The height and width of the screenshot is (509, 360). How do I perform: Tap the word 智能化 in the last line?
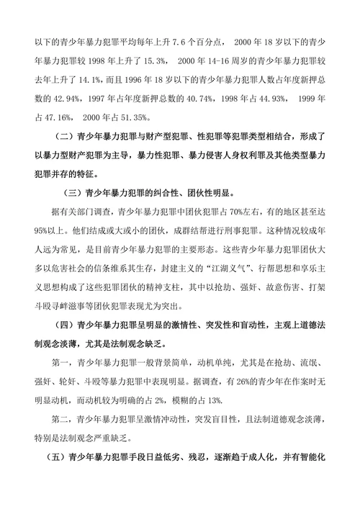click(x=311, y=458)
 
